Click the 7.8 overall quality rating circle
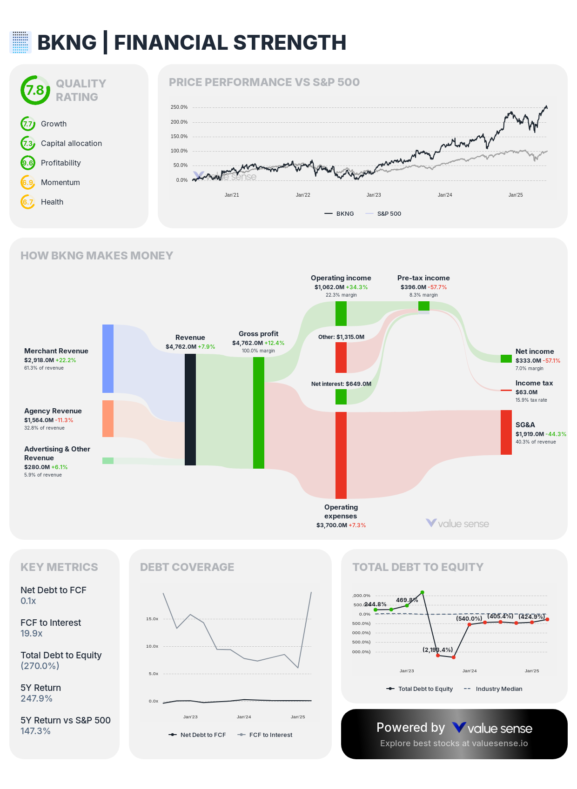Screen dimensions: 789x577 coord(35,90)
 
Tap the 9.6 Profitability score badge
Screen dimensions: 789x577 coord(28,163)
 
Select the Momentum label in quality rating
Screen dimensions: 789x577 coord(60,182)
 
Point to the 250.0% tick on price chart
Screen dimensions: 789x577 coord(179,107)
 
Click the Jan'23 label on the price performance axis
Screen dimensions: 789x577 coord(374,195)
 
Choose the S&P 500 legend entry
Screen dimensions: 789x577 coord(389,213)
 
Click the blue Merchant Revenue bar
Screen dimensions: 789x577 coord(108,358)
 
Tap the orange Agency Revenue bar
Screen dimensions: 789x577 coord(108,418)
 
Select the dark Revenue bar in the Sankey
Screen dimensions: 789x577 coord(190,409)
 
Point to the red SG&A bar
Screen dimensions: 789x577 coord(506,432)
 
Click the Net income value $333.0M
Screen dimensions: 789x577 coord(528,360)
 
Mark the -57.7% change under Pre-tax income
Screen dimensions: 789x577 coord(437,287)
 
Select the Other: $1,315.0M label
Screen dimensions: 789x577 coord(341,337)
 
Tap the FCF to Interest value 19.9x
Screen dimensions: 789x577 coord(32,633)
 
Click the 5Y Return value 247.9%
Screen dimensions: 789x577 coord(36,698)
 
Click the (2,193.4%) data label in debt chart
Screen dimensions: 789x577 coord(437,650)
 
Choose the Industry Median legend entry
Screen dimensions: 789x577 coord(499,689)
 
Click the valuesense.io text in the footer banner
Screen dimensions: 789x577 coord(500,743)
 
